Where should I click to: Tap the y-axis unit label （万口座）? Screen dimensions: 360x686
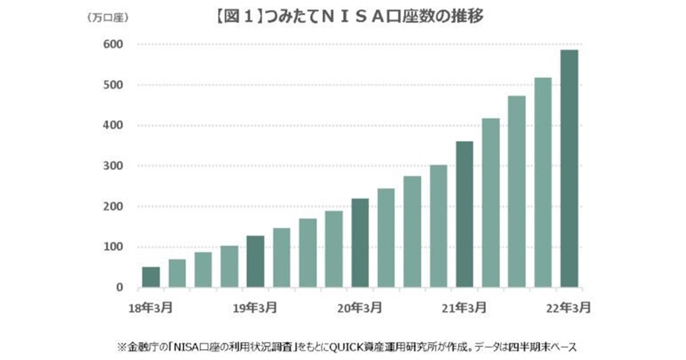(x=108, y=18)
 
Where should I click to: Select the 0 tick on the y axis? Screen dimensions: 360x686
(x=120, y=288)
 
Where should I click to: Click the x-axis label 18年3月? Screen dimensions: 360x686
(x=151, y=308)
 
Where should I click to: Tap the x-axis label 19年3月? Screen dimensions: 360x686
(x=256, y=308)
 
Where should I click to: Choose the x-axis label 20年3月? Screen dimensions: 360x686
(x=360, y=308)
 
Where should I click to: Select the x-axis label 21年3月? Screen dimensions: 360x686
(x=465, y=308)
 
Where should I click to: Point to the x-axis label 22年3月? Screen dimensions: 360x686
(x=569, y=308)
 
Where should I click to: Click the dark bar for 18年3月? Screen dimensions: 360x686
(x=151, y=277)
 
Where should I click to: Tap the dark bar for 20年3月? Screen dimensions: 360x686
(x=360, y=243)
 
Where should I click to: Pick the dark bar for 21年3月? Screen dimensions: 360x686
(x=465, y=214)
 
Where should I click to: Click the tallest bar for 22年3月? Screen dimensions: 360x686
(x=569, y=169)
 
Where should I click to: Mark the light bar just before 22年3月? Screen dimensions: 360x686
(x=543, y=183)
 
